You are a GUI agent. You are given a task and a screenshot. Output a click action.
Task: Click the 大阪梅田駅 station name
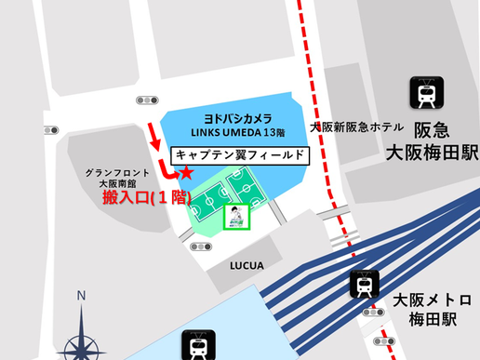433,153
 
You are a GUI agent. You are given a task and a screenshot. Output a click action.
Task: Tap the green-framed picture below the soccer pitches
238,217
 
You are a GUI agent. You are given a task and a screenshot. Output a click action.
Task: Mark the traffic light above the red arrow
146,100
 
